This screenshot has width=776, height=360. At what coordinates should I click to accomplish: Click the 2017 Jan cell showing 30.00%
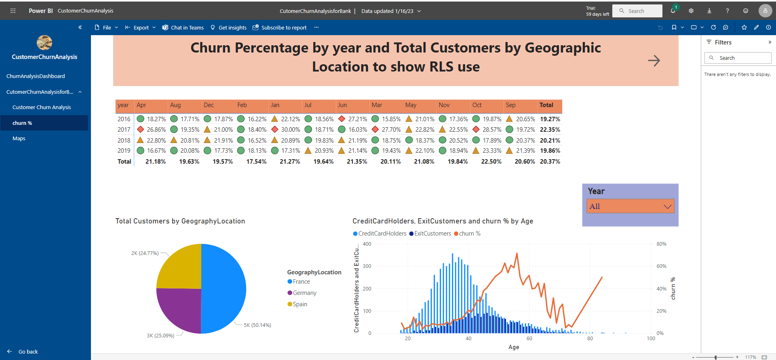290,130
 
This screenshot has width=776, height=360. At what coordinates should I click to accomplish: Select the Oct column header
477,105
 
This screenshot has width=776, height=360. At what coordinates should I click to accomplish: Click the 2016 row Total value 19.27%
550,119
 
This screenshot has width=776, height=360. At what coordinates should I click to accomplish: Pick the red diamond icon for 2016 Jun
342,119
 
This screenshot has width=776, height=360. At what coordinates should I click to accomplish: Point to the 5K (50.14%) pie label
257,325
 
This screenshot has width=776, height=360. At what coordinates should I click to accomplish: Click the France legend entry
301,282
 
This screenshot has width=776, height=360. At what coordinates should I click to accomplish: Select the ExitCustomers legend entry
432,234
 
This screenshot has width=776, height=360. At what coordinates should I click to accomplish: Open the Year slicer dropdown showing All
630,206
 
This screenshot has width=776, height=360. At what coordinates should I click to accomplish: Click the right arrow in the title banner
654,61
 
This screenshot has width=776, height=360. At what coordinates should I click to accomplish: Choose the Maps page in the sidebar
19,138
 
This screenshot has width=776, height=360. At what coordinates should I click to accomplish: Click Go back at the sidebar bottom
28,352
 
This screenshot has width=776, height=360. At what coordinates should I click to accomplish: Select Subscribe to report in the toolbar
284,27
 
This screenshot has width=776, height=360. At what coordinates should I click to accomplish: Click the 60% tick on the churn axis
661,266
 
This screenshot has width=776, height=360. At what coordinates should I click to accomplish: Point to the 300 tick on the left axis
367,266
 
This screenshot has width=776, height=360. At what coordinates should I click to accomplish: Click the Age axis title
513,347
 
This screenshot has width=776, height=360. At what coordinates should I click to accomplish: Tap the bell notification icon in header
673,11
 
